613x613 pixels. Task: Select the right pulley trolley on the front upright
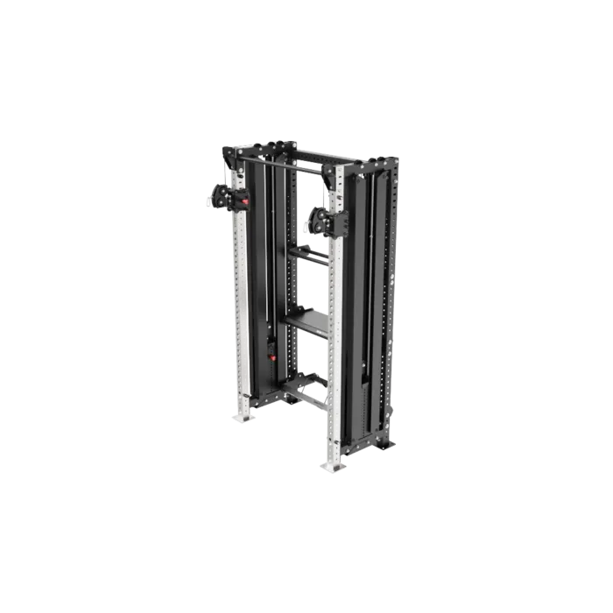pos(322,221)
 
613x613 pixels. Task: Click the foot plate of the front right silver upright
pos(335,467)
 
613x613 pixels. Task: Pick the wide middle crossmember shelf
pos(306,320)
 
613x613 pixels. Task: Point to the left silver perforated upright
pos(236,306)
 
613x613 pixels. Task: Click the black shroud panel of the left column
pos(261,263)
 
